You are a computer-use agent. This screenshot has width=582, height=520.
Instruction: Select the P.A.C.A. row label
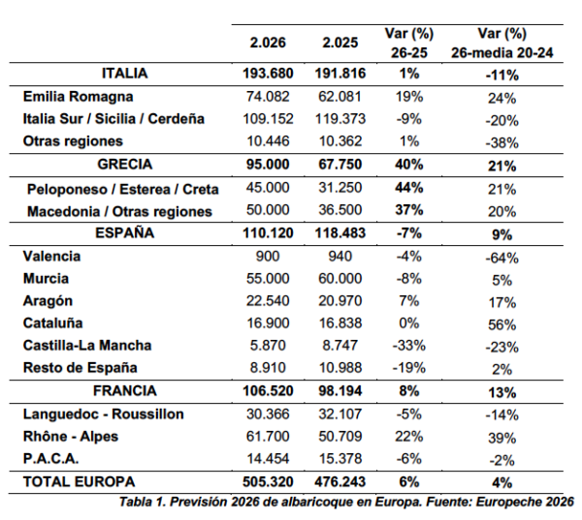coord(49,458)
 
